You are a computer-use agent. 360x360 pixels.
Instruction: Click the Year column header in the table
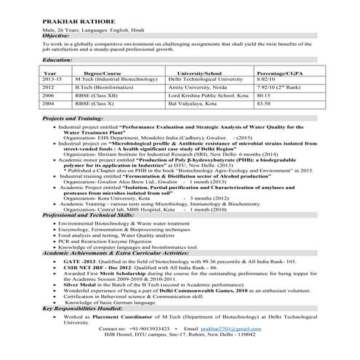tap(50, 74)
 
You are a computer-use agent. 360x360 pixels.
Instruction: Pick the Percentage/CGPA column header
tap(287, 74)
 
